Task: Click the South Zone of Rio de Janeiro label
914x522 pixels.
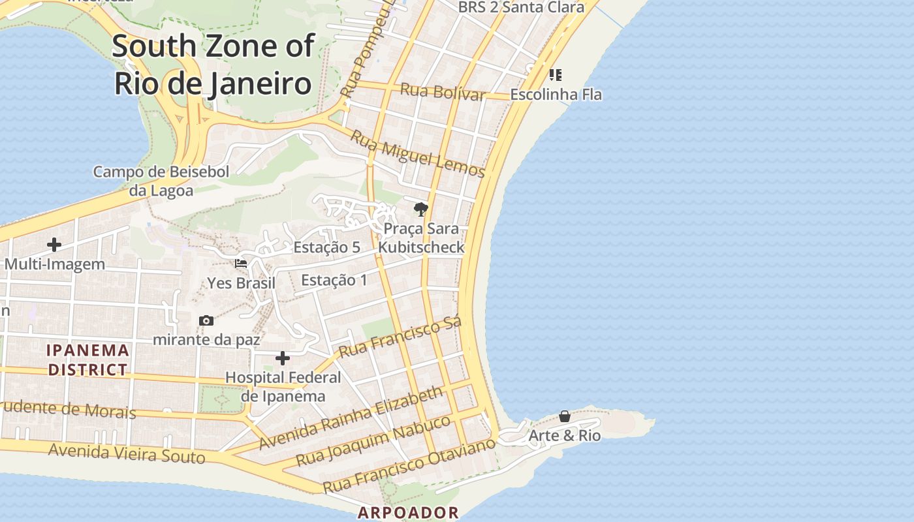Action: point(213,65)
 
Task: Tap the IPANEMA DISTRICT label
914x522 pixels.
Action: point(87,360)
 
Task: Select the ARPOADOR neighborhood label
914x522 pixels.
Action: point(408,513)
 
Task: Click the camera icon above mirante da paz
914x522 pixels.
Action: point(206,320)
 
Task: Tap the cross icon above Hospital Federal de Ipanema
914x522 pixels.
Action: point(283,358)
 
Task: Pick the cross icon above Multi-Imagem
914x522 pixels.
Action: point(54,245)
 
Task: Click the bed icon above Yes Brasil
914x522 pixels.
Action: point(241,264)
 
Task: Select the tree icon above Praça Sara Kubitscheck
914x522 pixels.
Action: point(421,209)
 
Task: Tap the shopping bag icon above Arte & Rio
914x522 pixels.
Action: point(565,416)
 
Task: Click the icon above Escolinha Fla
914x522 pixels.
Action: point(556,75)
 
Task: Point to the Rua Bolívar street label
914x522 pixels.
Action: point(442,91)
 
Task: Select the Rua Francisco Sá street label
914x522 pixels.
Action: point(400,337)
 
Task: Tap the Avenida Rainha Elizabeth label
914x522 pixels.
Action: point(351,418)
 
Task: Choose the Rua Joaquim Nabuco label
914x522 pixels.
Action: point(373,440)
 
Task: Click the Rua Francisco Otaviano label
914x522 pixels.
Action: point(409,465)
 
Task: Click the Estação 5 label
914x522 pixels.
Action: point(326,247)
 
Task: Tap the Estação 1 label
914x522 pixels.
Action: point(334,280)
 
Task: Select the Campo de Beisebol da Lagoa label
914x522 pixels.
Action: point(161,181)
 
